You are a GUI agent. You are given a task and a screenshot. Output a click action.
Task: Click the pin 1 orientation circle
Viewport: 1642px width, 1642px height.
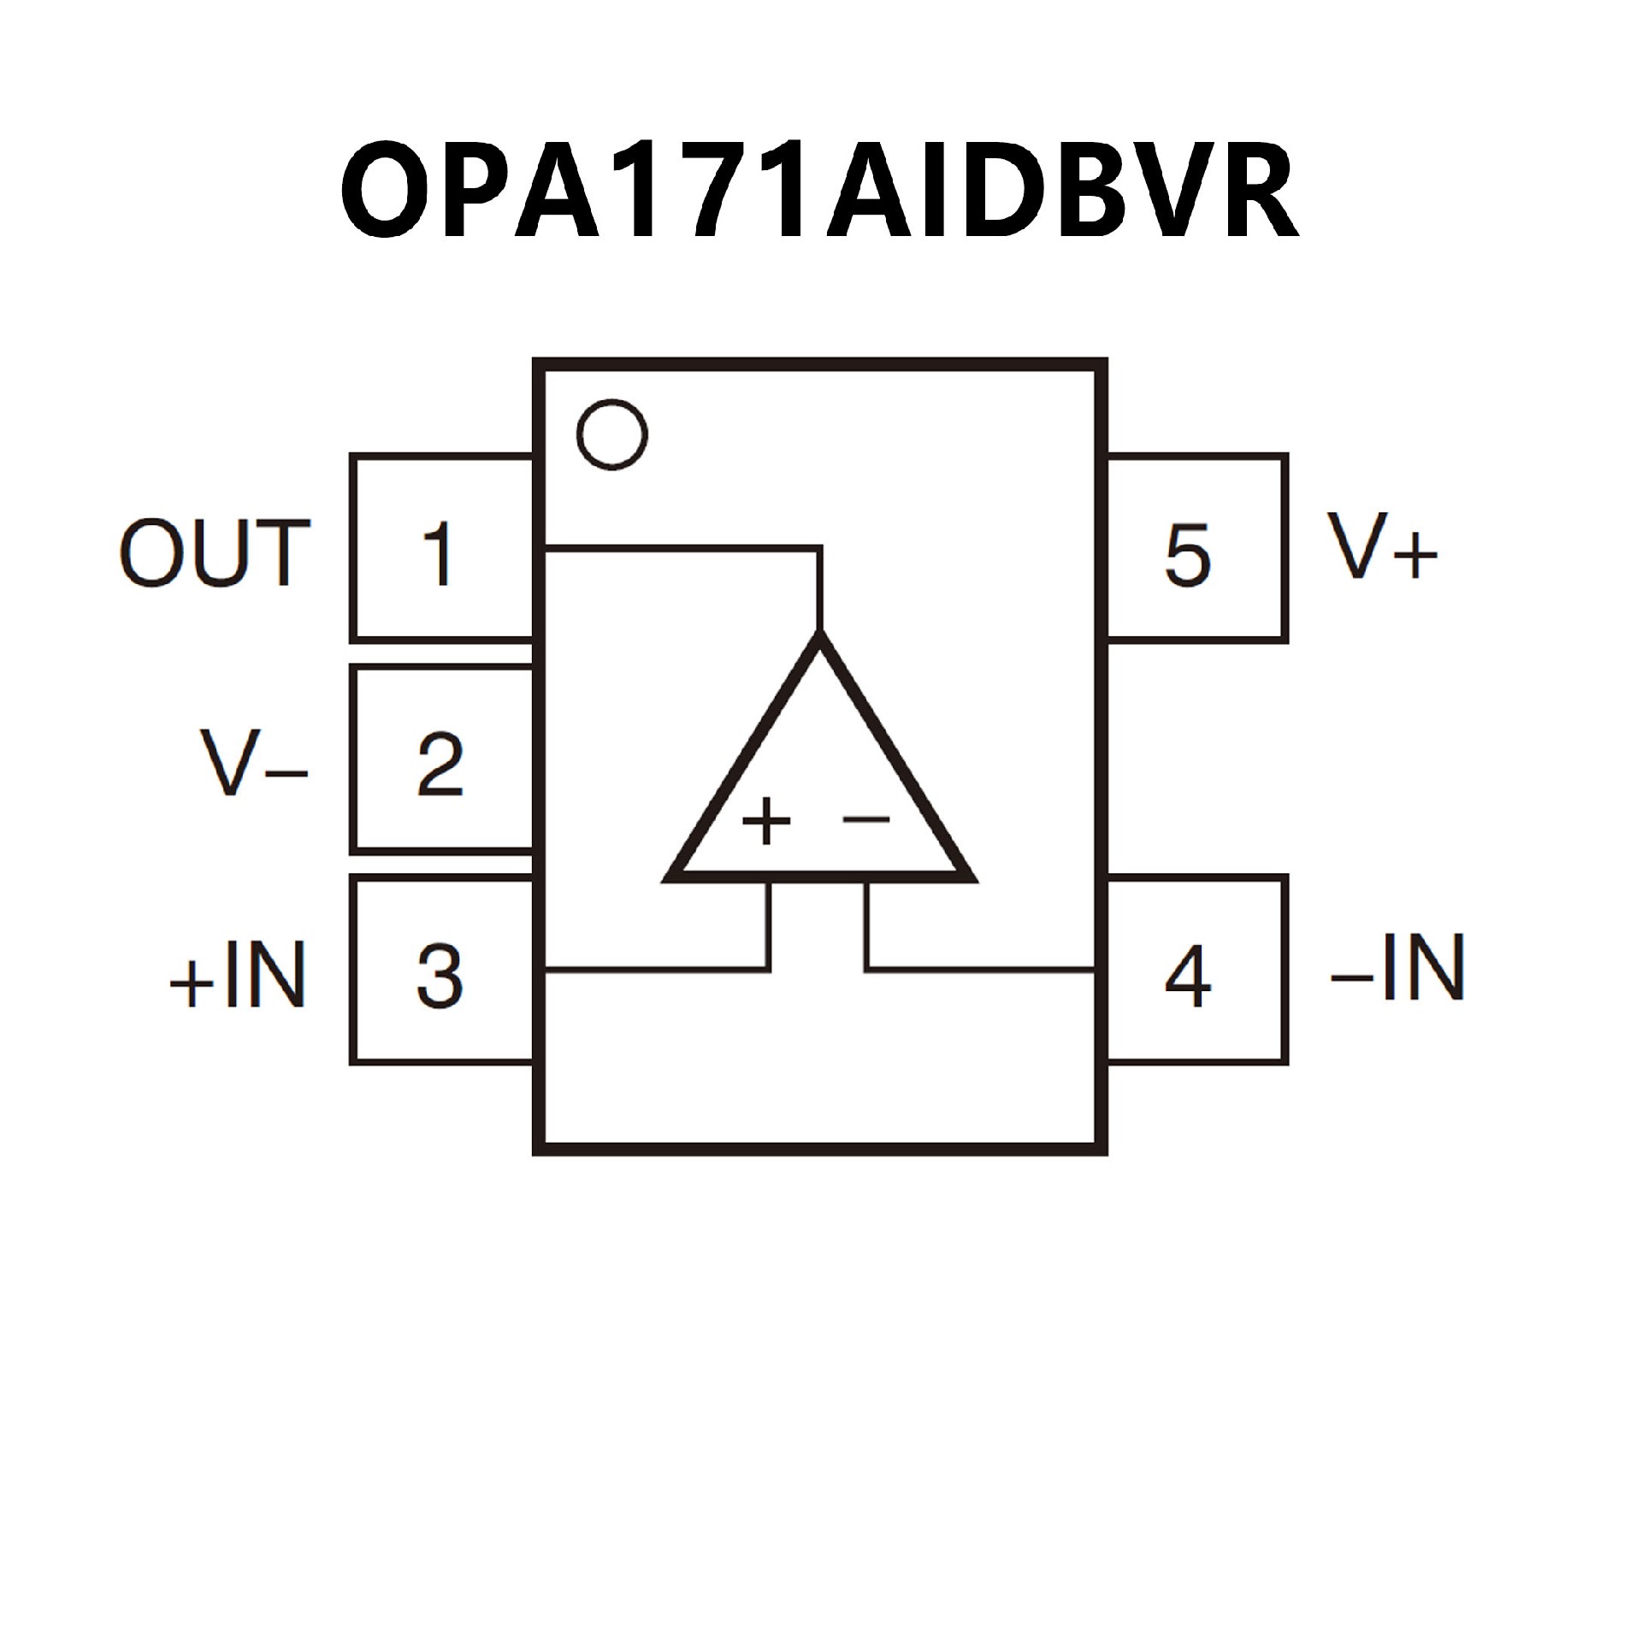click(x=612, y=434)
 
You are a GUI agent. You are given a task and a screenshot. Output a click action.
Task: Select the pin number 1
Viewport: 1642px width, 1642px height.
click(x=440, y=555)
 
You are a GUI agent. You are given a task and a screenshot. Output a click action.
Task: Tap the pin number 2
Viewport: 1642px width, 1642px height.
click(x=440, y=764)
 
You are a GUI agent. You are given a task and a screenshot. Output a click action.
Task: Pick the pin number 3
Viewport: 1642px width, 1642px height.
click(x=440, y=976)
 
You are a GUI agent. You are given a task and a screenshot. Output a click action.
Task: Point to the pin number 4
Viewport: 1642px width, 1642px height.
click(x=1188, y=976)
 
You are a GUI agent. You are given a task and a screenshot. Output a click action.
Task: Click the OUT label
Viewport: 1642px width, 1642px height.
click(x=214, y=553)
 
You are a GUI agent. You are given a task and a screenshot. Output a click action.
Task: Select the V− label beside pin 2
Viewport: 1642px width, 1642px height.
click(x=252, y=764)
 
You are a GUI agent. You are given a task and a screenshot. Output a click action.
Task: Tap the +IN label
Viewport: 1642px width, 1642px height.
click(x=239, y=977)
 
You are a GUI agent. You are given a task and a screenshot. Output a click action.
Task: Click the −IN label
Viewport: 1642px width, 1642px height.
click(x=1397, y=967)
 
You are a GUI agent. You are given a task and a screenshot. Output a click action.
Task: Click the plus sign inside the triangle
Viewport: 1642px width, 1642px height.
click(x=766, y=822)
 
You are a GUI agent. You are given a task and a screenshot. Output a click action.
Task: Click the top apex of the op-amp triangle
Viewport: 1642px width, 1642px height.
click(x=820, y=643)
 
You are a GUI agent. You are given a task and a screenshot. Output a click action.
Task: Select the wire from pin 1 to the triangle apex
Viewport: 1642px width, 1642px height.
click(x=684, y=547)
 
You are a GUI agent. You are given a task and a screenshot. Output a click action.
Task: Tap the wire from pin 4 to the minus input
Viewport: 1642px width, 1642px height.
click(x=983, y=970)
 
